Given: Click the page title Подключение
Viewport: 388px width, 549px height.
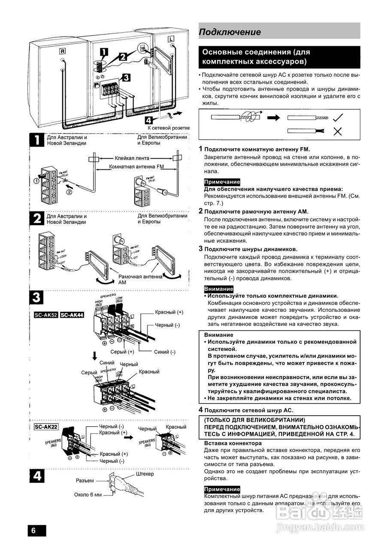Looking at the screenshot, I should [x=230, y=32].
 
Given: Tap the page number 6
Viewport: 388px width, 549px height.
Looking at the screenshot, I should [x=34, y=530].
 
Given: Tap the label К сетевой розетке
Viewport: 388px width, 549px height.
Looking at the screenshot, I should [x=168, y=128].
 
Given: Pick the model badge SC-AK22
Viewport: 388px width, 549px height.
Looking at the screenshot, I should [x=46, y=427].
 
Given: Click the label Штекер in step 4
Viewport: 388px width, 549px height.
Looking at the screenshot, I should [x=144, y=474].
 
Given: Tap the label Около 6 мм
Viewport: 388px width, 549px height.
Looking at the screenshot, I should [x=88, y=495].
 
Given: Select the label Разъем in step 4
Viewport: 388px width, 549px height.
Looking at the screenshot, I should [x=85, y=480].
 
